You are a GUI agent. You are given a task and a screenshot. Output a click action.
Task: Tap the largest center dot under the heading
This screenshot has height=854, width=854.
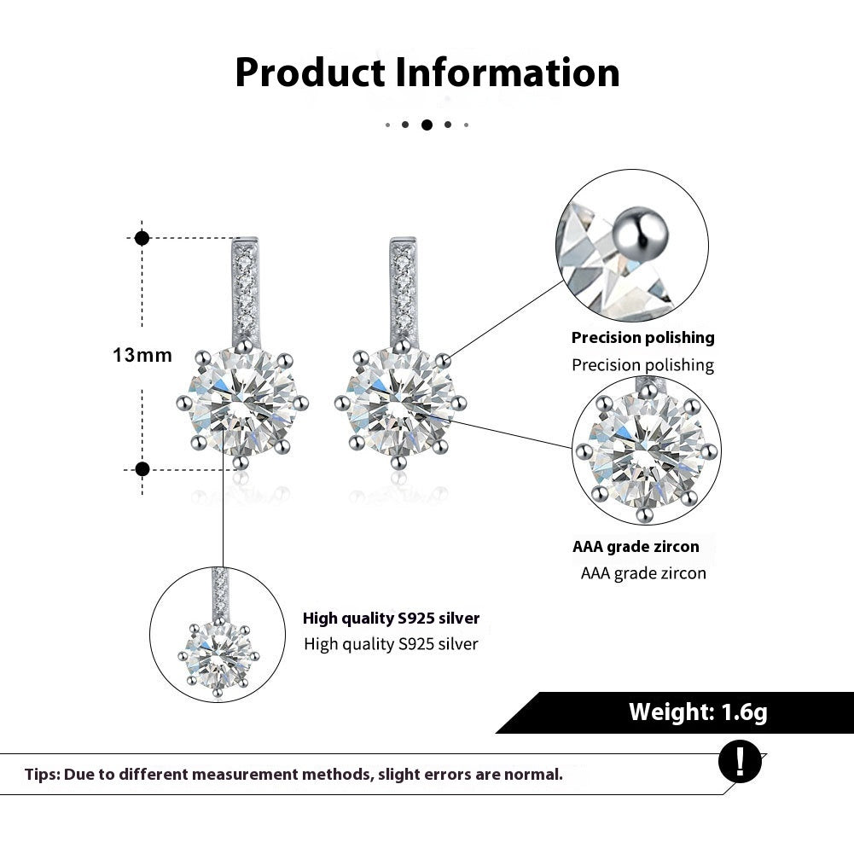(x=427, y=125)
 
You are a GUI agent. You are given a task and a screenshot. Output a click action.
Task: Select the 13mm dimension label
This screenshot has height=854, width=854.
(x=142, y=355)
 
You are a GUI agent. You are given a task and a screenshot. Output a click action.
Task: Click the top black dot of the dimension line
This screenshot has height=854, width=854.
(x=142, y=238)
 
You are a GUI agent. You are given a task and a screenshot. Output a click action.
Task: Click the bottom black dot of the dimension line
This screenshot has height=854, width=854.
(x=142, y=468)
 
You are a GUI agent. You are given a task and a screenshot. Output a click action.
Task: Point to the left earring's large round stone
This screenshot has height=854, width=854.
(x=241, y=403)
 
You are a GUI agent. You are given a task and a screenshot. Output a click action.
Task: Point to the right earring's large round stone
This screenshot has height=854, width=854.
(x=398, y=403)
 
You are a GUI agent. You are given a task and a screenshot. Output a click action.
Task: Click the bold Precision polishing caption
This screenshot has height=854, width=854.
(x=642, y=338)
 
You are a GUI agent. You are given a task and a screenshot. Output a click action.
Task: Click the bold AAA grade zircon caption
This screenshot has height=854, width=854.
(x=636, y=547)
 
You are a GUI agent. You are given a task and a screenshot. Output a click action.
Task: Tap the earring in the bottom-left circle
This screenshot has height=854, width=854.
(x=219, y=648)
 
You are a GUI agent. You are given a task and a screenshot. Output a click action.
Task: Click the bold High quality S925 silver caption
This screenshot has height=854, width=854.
(x=391, y=619)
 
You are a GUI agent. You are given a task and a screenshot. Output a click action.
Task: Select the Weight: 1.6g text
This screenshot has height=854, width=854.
(x=698, y=712)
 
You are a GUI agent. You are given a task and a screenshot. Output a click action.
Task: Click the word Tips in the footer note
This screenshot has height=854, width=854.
(x=42, y=775)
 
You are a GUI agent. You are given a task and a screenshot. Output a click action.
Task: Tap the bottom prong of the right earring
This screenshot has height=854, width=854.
(x=398, y=462)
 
